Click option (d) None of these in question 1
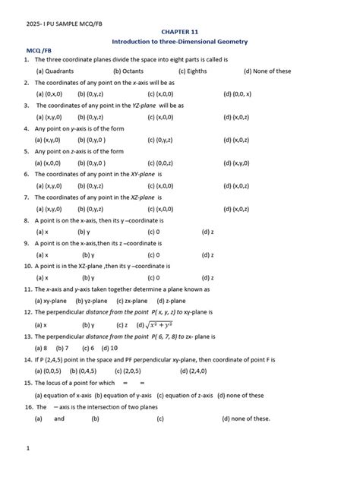coord(267,71)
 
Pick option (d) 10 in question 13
coord(109,347)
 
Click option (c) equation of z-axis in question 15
coord(184,395)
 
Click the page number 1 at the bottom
coord(27,448)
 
